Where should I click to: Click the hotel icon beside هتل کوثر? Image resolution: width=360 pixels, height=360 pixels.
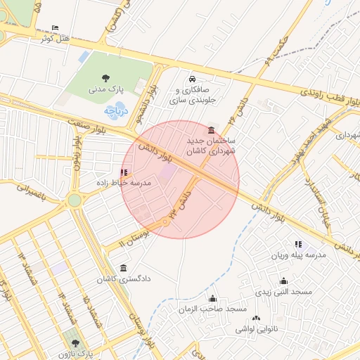pyautogui.click(x=56, y=27)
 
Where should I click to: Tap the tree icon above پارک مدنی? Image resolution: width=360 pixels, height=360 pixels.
pyautogui.click(x=105, y=78)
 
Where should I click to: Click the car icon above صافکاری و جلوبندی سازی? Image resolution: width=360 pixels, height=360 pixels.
pyautogui.click(x=193, y=79)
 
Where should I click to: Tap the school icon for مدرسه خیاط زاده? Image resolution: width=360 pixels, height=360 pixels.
pyautogui.click(x=124, y=172)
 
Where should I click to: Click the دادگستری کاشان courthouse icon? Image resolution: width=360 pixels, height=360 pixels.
pyautogui.click(x=124, y=268)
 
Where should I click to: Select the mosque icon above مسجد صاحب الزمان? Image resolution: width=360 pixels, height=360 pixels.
pyautogui.click(x=212, y=299)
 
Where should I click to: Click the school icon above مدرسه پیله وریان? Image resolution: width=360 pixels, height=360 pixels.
pyautogui.click(x=299, y=244)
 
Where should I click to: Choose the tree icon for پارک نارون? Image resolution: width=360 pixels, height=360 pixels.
pyautogui.click(x=76, y=343)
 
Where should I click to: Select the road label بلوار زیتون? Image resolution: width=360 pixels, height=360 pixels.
pyautogui.click(x=75, y=152)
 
